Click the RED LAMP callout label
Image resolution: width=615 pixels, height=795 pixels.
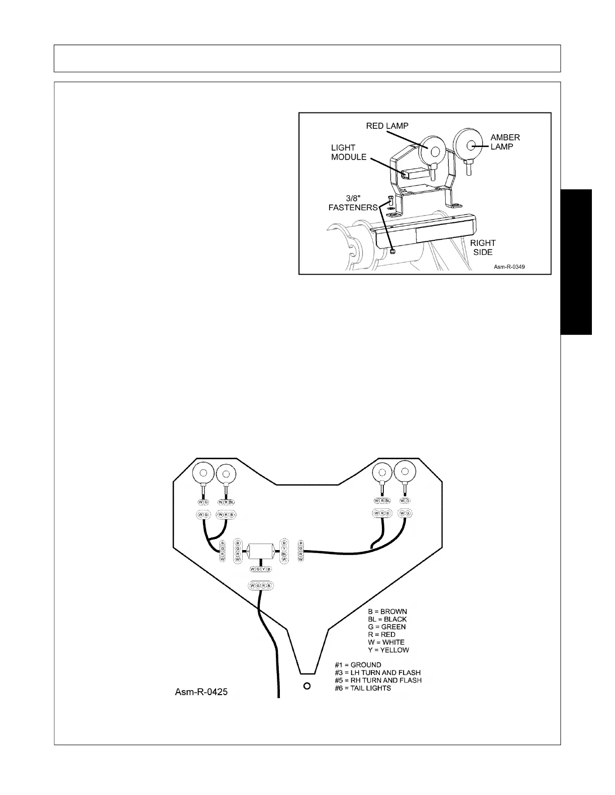pos(387,125)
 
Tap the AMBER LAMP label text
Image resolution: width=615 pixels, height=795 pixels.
pos(504,142)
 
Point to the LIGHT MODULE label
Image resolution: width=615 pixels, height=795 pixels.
pos(348,152)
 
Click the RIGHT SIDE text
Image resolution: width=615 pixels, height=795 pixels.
pos(482,247)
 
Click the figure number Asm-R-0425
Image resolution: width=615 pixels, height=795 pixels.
pos(201,692)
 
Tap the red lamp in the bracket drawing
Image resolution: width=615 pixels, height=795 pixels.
pos(431,149)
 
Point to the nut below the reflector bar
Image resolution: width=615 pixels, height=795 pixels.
pos(393,250)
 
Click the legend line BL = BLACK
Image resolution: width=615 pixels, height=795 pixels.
pos(387,619)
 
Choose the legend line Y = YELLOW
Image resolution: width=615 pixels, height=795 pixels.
pos(388,650)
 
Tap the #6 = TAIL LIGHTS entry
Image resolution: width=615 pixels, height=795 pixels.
pos(363,688)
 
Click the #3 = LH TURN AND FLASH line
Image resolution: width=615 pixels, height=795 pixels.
pos(378,673)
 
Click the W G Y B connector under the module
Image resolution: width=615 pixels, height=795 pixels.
pos(260,569)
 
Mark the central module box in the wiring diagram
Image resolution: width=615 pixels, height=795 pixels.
pos(260,551)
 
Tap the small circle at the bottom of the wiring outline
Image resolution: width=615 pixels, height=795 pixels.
pos(307,686)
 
